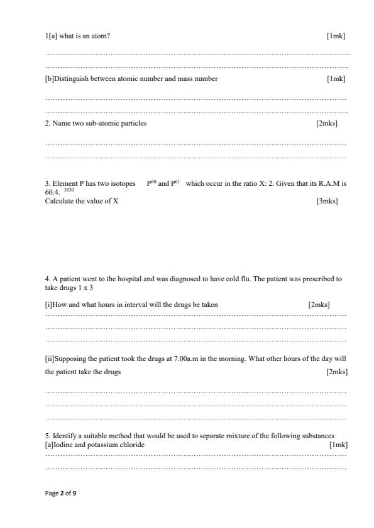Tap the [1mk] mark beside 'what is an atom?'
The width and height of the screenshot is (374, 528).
pos(336,36)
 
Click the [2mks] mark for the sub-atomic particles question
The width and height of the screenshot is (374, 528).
pos(327,123)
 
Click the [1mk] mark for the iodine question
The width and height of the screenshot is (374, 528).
pos(338,444)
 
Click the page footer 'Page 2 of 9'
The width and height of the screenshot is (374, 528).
pos(60,493)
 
